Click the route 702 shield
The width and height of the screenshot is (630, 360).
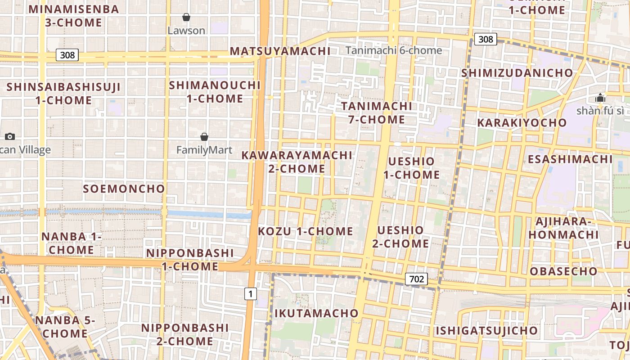pyautogui.click(x=416, y=279)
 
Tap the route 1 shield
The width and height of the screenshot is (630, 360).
pyautogui.click(x=251, y=294)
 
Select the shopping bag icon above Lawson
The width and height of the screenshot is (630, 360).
pyautogui.click(x=186, y=18)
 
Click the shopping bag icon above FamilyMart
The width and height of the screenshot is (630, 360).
pyautogui.click(x=204, y=137)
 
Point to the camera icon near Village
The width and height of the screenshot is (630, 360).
pyautogui.click(x=10, y=136)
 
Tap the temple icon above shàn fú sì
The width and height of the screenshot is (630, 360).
pyautogui.click(x=600, y=98)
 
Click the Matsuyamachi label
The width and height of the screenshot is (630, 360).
pyautogui.click(x=280, y=51)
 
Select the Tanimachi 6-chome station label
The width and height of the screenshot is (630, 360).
pyautogui.click(x=394, y=50)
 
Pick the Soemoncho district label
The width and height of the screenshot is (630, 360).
pyautogui.click(x=124, y=189)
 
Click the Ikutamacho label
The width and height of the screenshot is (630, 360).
pyautogui.click(x=316, y=313)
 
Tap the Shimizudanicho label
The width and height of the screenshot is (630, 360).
pyautogui.click(x=517, y=73)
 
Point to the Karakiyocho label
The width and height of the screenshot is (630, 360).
pyautogui.click(x=522, y=123)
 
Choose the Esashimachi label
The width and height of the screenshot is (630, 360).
pyautogui.click(x=570, y=159)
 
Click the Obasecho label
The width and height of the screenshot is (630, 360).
pyautogui.click(x=563, y=271)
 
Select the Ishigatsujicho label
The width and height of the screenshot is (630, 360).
pyautogui.click(x=486, y=331)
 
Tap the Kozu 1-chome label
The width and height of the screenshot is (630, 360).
pyautogui.click(x=306, y=232)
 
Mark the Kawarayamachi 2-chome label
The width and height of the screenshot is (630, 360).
pyautogui.click(x=297, y=162)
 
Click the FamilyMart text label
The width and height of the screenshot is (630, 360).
pyautogui.click(x=204, y=150)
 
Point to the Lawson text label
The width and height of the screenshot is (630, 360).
pyautogui.click(x=186, y=31)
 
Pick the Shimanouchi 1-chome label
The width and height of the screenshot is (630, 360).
pyautogui.click(x=215, y=92)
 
